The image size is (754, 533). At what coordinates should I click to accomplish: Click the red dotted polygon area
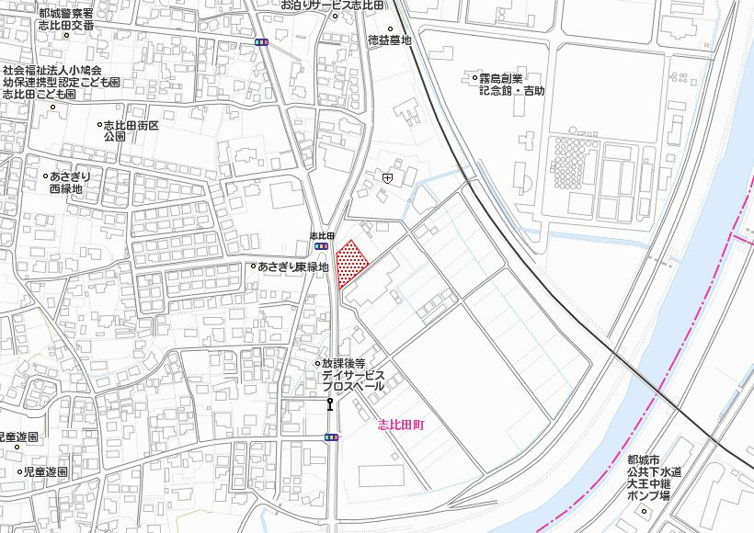click(350, 265)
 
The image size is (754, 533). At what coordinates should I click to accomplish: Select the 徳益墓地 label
click(389, 40)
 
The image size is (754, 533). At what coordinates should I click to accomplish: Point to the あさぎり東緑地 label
click(293, 266)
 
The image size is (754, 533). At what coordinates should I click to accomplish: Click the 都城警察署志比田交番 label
click(66, 19)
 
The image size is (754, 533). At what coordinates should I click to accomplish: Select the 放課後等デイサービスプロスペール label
click(357, 375)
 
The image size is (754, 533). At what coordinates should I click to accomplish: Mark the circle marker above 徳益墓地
click(389, 29)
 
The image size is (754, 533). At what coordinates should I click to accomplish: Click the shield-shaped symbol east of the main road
click(387, 177)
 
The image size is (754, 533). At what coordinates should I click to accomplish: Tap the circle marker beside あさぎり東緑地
click(253, 266)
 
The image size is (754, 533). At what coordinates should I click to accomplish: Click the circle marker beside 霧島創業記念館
click(470, 80)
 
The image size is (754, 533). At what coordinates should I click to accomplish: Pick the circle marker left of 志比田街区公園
click(99, 124)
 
